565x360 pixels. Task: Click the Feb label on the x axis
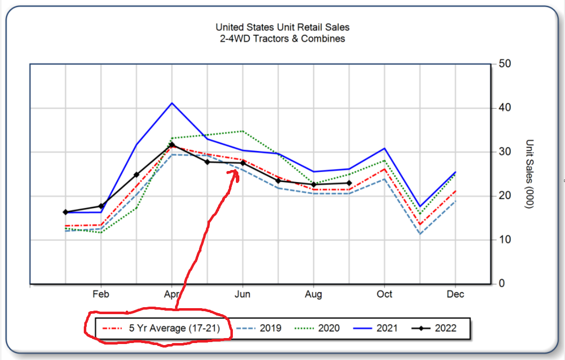pyautogui.click(x=101, y=294)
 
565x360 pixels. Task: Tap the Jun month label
pyautogui.click(x=243, y=294)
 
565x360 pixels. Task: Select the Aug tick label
pyautogui.click(x=314, y=294)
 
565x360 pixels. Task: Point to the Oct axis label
pyautogui.click(x=384, y=294)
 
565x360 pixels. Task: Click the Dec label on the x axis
pyautogui.click(x=455, y=294)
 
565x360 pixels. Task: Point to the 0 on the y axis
pyautogui.click(x=501, y=284)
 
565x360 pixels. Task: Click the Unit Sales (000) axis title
pyautogui.click(x=530, y=174)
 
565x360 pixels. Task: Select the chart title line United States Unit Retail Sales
pyautogui.click(x=282, y=27)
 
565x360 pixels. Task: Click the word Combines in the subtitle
pyautogui.click(x=325, y=38)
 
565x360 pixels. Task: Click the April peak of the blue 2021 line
pyautogui.click(x=172, y=103)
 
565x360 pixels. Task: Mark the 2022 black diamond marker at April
pyautogui.click(x=172, y=145)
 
